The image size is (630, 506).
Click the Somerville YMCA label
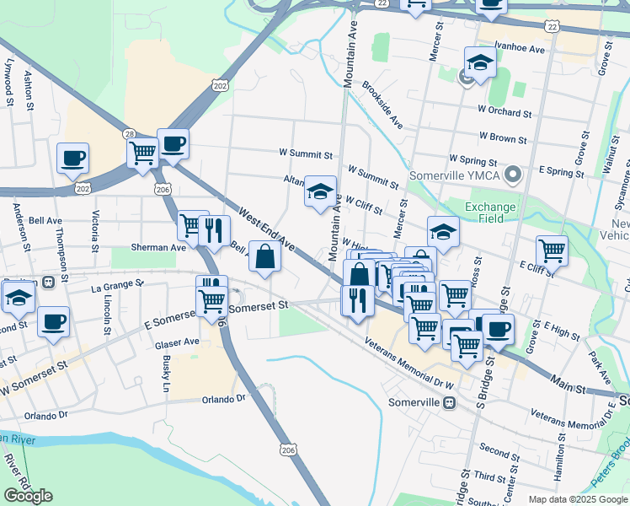click(455, 176)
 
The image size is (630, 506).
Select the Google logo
click(28, 496)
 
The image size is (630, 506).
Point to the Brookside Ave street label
click(382, 105)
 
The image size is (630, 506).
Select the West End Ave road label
click(265, 230)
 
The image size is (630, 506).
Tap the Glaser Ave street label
click(177, 342)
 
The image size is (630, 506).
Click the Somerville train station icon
click(451, 402)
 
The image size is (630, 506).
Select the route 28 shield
click(129, 134)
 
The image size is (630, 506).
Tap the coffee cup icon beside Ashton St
click(72, 157)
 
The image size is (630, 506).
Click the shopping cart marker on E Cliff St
click(552, 250)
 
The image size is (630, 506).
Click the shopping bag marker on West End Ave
click(265, 257)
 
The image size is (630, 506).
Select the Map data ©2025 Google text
click(577, 499)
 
